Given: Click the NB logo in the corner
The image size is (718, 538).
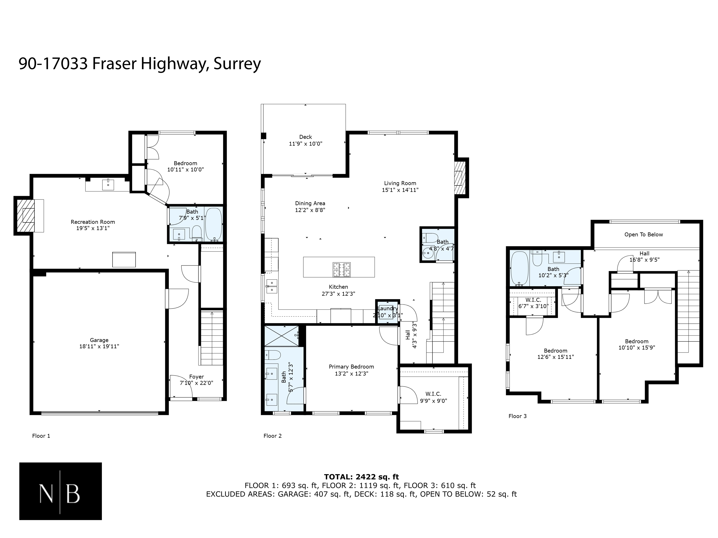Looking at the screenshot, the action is click(60, 491).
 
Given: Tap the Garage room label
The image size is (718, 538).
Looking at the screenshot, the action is click(99, 340).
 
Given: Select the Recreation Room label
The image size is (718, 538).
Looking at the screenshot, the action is click(93, 222).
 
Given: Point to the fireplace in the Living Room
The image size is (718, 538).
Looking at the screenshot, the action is click(461, 178).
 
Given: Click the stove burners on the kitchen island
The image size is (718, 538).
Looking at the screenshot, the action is click(342, 270).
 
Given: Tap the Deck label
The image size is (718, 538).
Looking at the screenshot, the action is click(305, 137).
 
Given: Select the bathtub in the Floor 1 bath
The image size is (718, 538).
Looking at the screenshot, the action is click(214, 224).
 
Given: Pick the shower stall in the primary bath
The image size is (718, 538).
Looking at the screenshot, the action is click(281, 336).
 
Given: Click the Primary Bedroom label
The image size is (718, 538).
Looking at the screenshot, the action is click(351, 367).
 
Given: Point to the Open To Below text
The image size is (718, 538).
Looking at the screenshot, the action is click(644, 235).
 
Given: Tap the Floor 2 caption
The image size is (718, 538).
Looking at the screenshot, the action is click(272, 436).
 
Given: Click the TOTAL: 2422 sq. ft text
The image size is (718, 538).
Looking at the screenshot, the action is click(361, 477).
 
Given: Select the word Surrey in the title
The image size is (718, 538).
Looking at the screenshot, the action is click(237, 64).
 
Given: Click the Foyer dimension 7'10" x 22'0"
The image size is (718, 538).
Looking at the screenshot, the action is click(196, 383).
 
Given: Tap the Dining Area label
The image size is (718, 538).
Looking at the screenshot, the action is click(310, 203).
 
